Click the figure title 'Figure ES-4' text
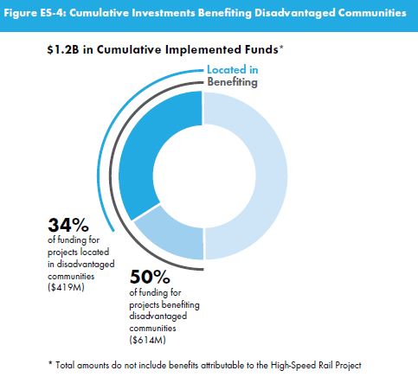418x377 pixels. pyautogui.click(x=35, y=13)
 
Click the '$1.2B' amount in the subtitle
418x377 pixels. pyautogui.click(x=63, y=49)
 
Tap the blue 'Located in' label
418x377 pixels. pyautogui.click(x=233, y=70)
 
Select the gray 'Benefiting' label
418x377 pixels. pyautogui.click(x=232, y=82)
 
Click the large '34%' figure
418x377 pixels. pyautogui.click(x=68, y=225)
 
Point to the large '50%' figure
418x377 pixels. pyautogui.click(x=150, y=277)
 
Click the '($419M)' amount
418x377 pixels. pyautogui.click(x=66, y=287)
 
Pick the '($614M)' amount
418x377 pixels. pyautogui.click(x=148, y=340)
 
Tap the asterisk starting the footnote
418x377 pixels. pyautogui.click(x=50, y=363)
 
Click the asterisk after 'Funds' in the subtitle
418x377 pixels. pyautogui.click(x=281, y=48)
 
